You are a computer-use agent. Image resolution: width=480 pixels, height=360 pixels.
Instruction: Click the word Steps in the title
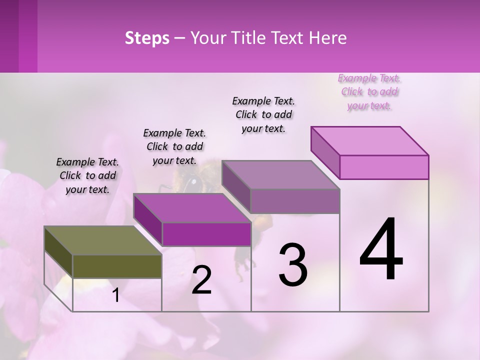147,38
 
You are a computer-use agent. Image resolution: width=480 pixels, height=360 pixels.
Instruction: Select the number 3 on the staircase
292,265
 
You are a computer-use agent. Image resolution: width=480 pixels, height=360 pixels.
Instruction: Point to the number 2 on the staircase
201,280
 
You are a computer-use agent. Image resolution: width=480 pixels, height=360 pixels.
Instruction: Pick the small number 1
115,295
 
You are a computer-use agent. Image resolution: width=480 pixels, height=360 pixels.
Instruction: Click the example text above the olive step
87,175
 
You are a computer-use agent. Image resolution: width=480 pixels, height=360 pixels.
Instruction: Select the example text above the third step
263,114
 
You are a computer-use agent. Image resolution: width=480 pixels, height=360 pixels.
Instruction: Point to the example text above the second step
174,146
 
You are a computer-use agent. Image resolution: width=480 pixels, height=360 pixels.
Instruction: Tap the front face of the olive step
117,266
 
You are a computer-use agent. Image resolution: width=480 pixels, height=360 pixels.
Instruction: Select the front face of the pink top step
384,167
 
